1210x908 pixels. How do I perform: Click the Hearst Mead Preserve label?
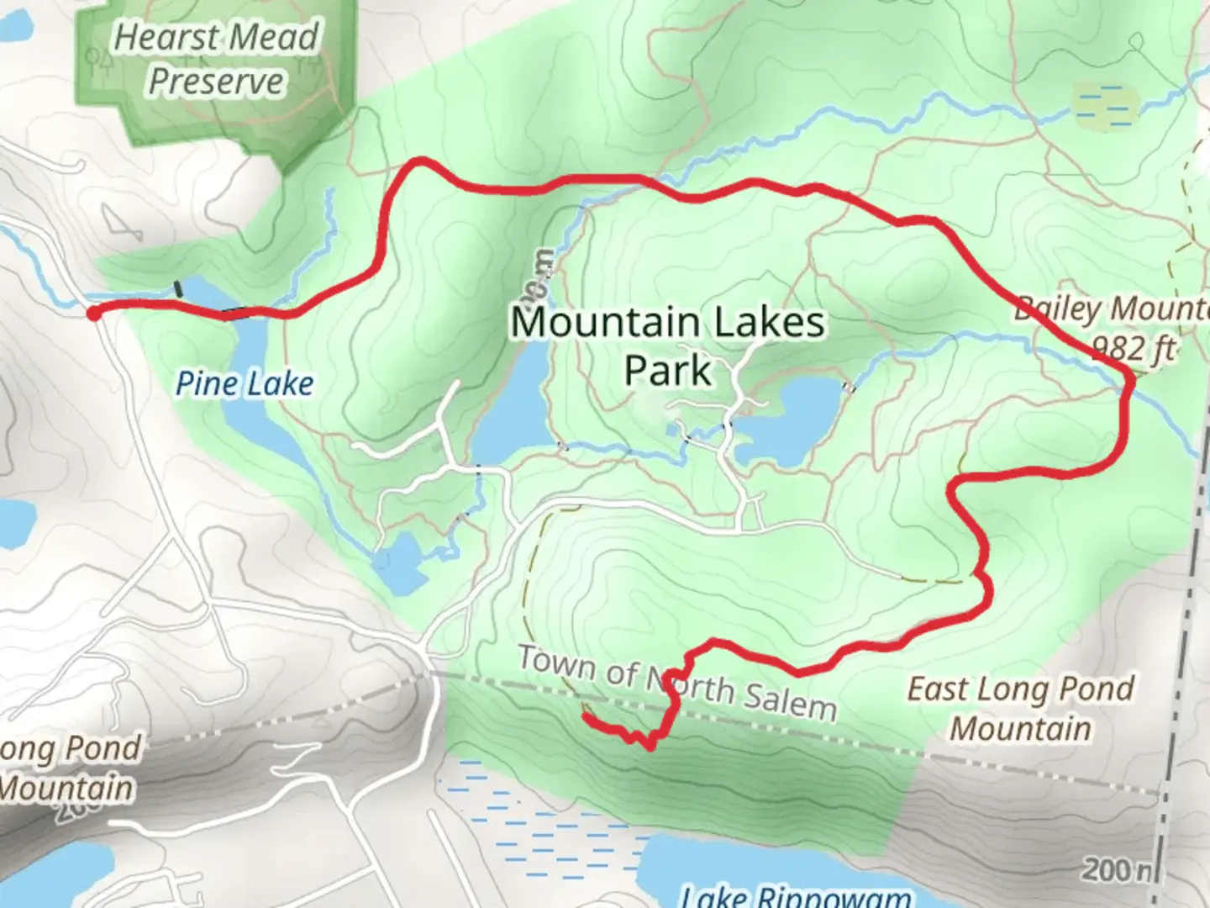pyautogui.click(x=216, y=59)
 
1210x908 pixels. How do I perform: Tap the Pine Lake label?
pyautogui.click(x=244, y=384)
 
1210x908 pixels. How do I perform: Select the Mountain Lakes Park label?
pyautogui.click(x=668, y=346)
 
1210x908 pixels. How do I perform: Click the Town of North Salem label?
pyautogui.click(x=676, y=683)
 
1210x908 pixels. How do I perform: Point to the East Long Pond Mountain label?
pyautogui.click(x=1020, y=708)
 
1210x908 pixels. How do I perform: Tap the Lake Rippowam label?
pyautogui.click(x=794, y=896)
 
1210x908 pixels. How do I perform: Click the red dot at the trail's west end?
pyautogui.click(x=93, y=313)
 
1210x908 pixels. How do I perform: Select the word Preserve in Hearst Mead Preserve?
pyautogui.click(x=216, y=82)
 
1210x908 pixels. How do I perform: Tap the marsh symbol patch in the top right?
pyautogui.click(x=1103, y=107)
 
